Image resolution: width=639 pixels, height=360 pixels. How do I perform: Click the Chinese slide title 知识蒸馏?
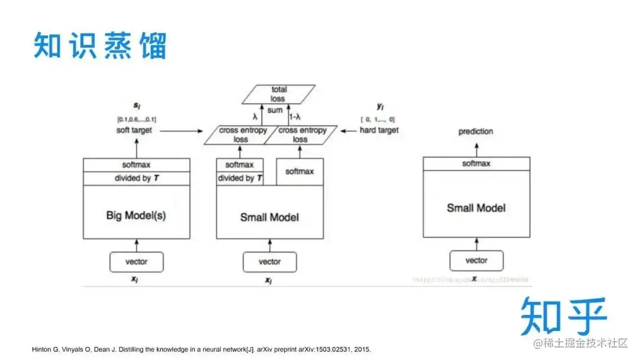pos(100,46)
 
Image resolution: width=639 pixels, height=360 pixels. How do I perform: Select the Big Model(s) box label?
pos(136,216)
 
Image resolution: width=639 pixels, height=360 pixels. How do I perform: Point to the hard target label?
pos(379,130)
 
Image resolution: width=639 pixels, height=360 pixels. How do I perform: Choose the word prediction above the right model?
pos(476,131)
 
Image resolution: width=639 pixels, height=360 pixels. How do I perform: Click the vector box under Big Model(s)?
pos(137,262)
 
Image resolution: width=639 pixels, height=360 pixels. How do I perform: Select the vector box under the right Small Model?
pos(476,261)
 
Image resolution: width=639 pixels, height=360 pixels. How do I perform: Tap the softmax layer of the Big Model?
pos(136,165)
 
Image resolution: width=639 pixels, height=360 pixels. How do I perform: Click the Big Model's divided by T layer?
pos(136,178)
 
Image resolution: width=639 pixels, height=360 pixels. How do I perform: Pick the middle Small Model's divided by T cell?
pos(240,178)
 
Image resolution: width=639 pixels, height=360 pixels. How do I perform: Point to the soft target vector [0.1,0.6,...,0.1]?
pos(136,120)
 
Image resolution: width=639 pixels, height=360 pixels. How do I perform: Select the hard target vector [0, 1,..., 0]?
pos(377,120)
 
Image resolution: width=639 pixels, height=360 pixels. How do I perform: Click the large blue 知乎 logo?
pos(564,317)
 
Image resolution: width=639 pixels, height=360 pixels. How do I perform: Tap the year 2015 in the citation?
pos(362,349)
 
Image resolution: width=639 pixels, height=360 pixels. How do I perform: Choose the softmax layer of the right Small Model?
pos(476,164)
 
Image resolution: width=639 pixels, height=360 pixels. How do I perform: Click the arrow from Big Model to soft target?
pos(137,147)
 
